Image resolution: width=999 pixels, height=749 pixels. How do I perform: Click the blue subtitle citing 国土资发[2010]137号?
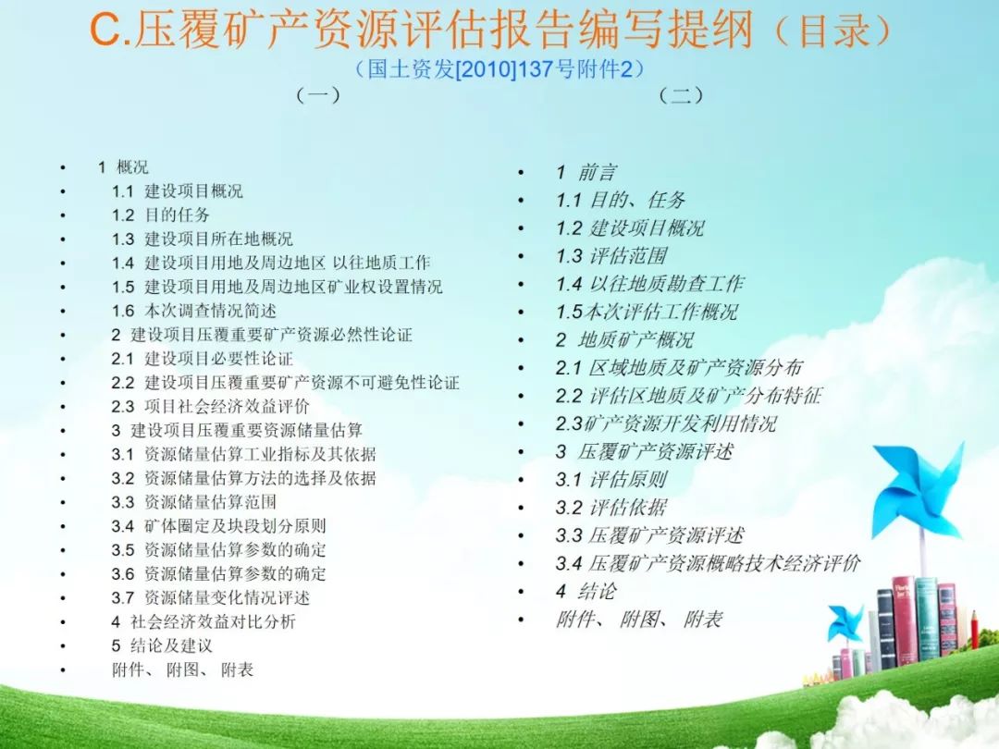coord(499,68)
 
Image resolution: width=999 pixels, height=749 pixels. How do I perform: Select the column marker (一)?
coord(318,95)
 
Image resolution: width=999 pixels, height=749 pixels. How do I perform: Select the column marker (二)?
coord(681,95)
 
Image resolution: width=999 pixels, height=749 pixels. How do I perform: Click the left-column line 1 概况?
coord(123,167)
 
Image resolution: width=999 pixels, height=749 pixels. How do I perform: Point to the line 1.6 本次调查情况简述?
coord(194,311)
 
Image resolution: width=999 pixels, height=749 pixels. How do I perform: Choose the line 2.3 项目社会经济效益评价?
coord(211,406)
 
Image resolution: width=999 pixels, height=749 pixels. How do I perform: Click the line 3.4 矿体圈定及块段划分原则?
coord(219,526)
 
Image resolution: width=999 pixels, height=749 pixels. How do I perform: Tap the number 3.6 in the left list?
coord(123,574)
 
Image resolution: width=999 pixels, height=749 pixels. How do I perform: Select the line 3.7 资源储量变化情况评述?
coord(211,598)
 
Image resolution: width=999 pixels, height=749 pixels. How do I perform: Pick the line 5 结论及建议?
coord(162,645)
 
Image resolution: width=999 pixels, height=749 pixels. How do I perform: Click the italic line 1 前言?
coord(586,172)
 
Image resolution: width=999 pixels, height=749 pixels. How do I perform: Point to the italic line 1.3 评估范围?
coord(611,256)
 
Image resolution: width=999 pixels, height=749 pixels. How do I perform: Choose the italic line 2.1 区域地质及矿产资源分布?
coord(679,367)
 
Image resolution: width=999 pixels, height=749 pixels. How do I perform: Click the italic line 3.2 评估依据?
coord(611,508)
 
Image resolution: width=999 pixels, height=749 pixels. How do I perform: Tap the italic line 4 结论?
coord(586,592)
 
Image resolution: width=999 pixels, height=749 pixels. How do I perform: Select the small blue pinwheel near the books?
coord(846,623)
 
